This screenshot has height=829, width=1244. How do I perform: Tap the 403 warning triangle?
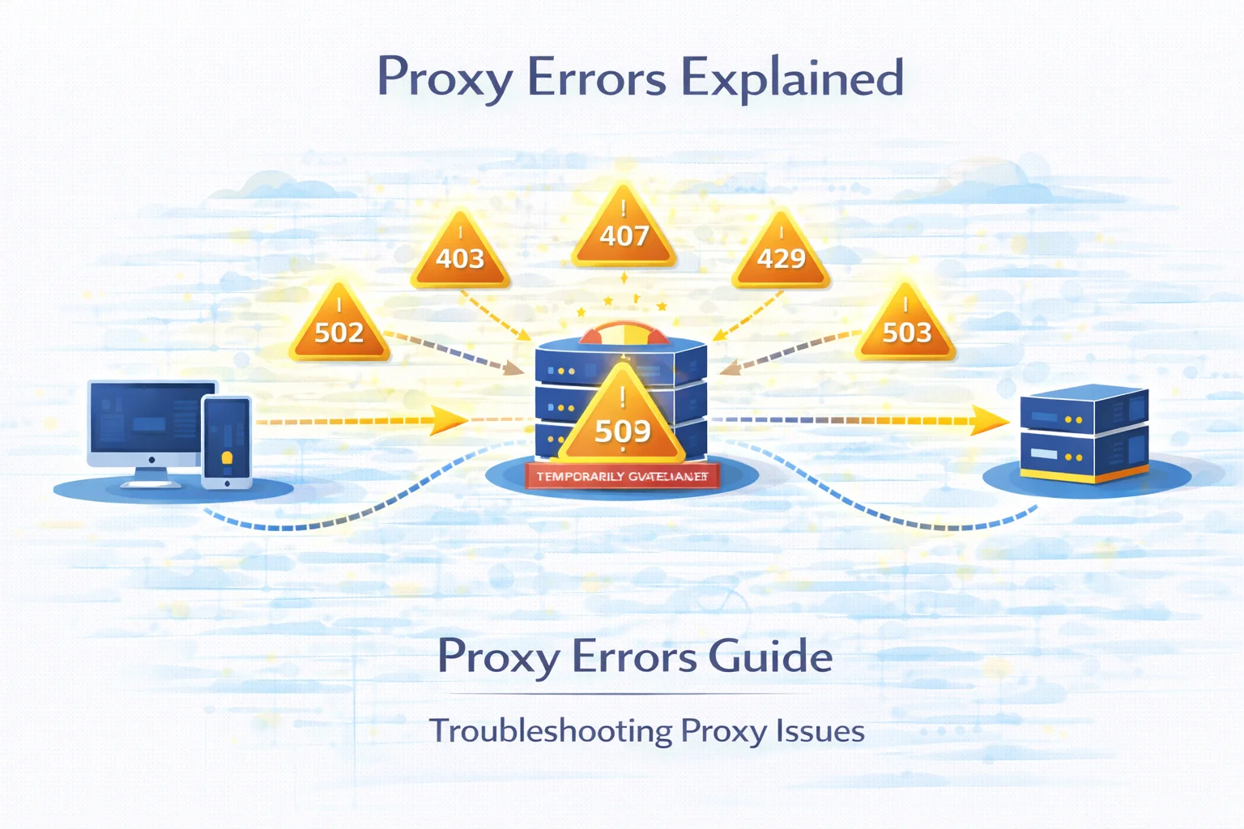coord(460,253)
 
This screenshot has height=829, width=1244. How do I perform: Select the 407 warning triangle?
coord(624,231)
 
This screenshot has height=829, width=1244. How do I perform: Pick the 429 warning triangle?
coord(781,253)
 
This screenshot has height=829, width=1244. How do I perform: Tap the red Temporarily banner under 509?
coord(622,477)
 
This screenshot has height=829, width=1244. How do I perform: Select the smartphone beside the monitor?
coord(227,441)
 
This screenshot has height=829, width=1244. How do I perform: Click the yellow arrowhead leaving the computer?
coord(447,420)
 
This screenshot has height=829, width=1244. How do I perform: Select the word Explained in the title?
coord(791,79)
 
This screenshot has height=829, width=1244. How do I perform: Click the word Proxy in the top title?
coord(445,79)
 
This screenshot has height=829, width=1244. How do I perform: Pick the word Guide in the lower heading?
coord(770,656)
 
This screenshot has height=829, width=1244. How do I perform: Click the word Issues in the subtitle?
coord(820,731)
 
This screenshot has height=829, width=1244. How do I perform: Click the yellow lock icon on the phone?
coord(227,458)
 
